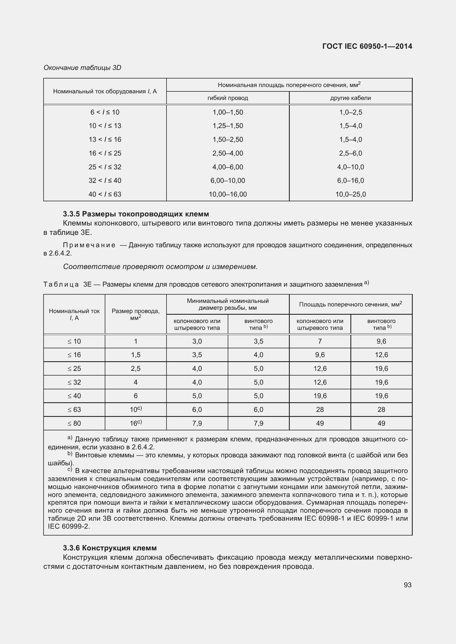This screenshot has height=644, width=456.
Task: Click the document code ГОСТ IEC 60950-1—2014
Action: (x=367, y=46)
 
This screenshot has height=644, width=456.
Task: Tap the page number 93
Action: (x=407, y=585)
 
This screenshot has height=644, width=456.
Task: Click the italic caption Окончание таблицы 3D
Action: (x=82, y=68)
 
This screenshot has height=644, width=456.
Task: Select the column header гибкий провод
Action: (x=227, y=98)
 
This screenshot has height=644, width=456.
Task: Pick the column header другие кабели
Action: (x=350, y=98)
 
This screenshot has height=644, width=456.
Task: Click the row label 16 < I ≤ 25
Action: (x=105, y=153)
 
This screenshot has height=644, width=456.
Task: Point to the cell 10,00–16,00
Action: (x=227, y=194)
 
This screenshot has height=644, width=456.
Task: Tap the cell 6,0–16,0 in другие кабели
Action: (x=350, y=180)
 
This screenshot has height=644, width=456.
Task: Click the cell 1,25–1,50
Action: (x=227, y=126)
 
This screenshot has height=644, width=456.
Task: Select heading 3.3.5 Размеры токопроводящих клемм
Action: (x=136, y=214)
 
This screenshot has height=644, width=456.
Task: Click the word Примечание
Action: (x=89, y=245)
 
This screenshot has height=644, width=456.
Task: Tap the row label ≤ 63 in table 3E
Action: (x=74, y=409)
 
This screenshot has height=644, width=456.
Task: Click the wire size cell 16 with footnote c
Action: (x=135, y=423)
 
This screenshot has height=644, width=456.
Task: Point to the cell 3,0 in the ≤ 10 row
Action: (x=197, y=341)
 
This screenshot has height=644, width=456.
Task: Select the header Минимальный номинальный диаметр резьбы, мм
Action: (x=227, y=304)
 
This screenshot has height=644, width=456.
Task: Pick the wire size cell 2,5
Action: (x=135, y=369)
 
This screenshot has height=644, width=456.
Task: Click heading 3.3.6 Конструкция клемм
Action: (x=110, y=548)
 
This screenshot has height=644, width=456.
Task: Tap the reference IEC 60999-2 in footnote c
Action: (x=69, y=526)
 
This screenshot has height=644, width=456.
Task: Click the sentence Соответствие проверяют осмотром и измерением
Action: (x=160, y=267)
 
